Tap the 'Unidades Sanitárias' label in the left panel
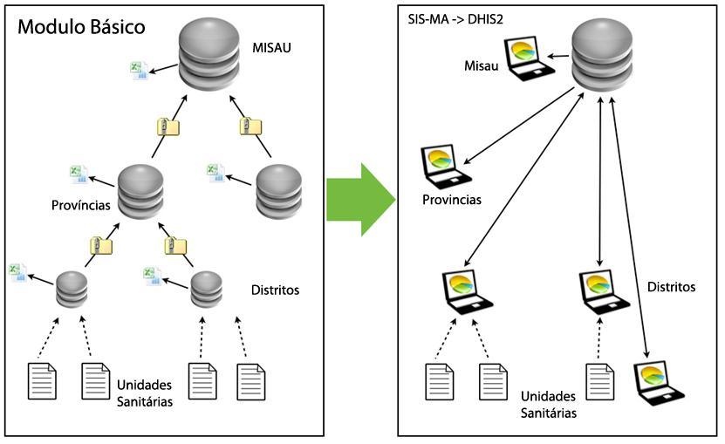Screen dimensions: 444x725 (142, 393)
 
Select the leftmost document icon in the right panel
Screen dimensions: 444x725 (439, 381)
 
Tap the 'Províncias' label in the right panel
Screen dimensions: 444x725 (451, 199)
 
